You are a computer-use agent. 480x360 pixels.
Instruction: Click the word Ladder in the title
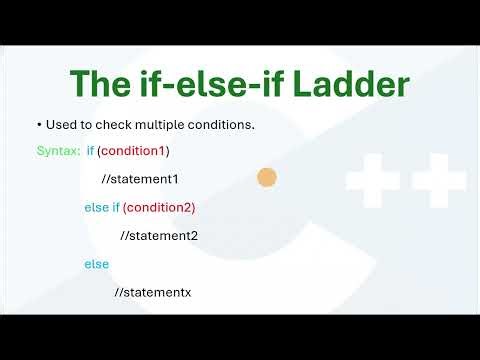352,84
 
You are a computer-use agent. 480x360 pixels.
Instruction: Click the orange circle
266,178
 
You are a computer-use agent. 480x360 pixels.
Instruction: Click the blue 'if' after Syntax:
90,151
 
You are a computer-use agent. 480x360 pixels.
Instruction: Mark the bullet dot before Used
39,125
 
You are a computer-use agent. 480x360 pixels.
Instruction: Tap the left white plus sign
372,180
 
